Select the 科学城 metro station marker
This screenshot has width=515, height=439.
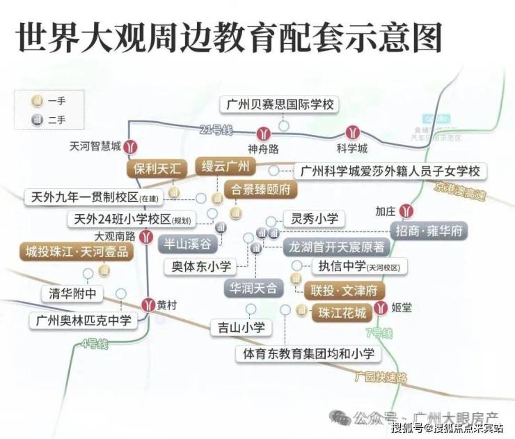tap(351, 133)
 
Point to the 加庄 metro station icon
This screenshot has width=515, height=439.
tap(411, 211)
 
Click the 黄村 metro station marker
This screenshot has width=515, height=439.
tap(148, 305)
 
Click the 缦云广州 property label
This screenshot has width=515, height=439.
tap(225, 167)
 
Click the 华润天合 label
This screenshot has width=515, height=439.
tap(253, 286)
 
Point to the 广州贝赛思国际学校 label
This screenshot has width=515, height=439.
tap(280, 105)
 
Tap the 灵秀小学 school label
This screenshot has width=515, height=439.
tap(313, 219)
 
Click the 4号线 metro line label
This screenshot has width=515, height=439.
tap(94, 344)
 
